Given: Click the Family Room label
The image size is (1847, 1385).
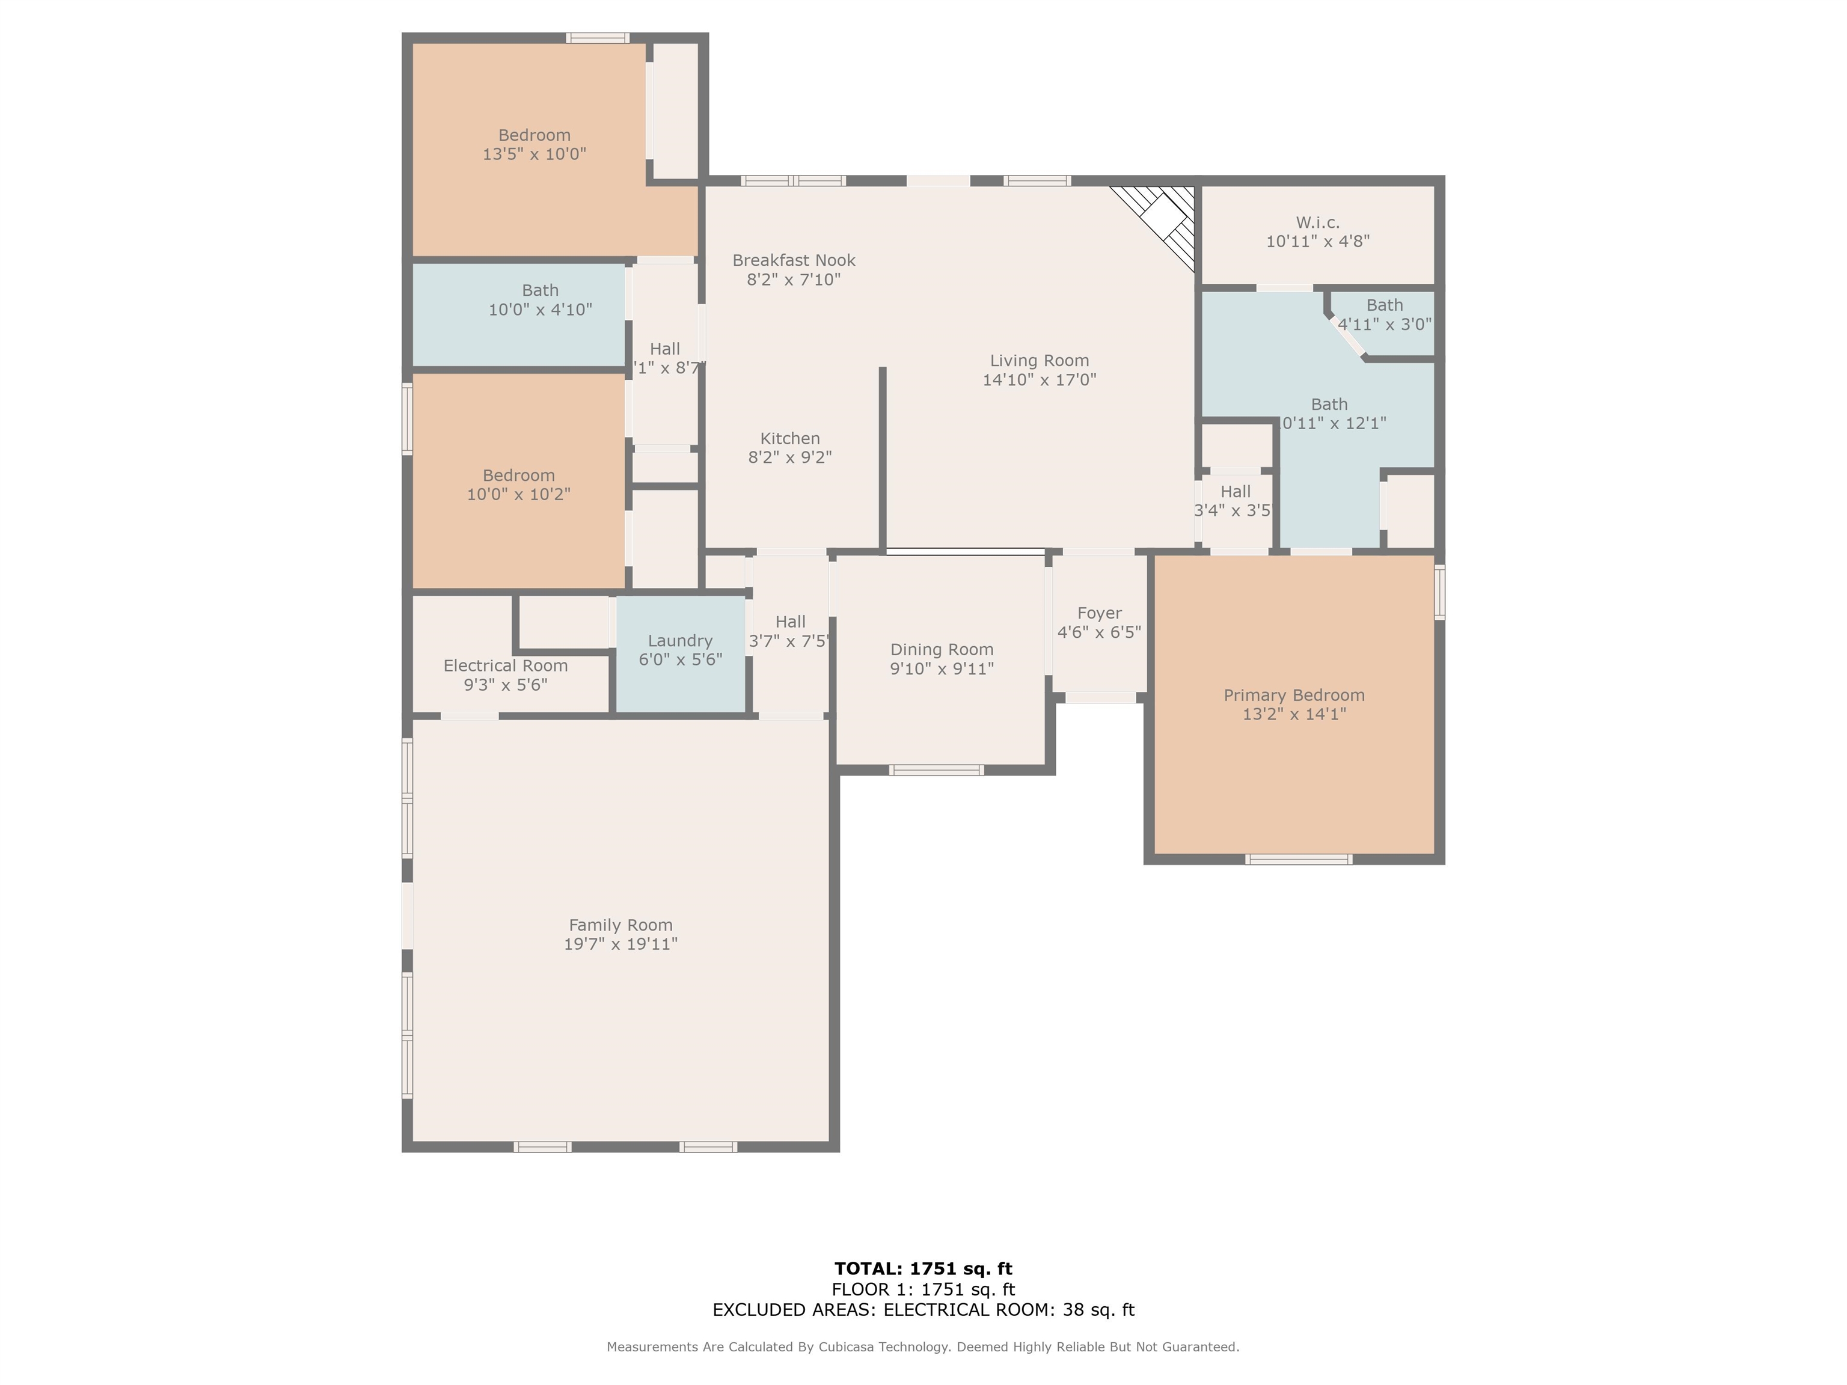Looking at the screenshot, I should click(620, 925).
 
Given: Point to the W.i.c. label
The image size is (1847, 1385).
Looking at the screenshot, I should click(1318, 223).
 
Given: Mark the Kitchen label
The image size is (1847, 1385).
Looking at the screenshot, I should click(790, 438).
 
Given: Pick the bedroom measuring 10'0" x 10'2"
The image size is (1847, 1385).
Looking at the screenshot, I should click(518, 484).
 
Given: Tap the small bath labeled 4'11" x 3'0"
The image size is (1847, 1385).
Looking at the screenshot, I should click(1385, 315).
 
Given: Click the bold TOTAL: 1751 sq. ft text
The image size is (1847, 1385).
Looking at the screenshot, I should click(923, 1268).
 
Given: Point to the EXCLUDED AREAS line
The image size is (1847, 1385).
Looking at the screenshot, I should click(923, 1310).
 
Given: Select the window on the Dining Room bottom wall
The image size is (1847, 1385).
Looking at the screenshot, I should click(936, 769).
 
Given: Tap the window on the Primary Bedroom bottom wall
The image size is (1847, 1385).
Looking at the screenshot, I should click(1299, 859).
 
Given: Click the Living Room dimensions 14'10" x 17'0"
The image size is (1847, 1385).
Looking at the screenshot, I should click(1039, 380).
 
